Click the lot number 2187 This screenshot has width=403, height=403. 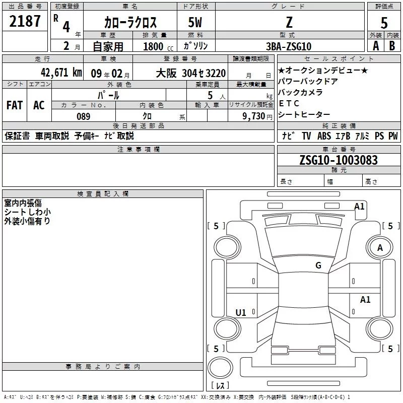(25, 22)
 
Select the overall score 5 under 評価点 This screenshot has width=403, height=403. (384, 23)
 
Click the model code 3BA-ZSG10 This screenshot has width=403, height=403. (289, 46)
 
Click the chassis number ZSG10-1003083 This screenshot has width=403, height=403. (338, 161)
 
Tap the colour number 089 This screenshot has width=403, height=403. (83, 116)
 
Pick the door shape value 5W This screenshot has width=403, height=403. (195, 22)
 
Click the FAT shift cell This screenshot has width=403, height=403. (14, 105)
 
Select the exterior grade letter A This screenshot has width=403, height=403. (375, 46)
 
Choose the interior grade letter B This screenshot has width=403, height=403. (392, 46)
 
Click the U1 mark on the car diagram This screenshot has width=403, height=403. (241, 313)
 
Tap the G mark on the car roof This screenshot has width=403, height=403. (318, 265)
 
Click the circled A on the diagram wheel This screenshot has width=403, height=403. (380, 247)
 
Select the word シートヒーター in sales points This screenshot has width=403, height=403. (304, 115)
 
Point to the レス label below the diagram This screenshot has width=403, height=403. (220, 385)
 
